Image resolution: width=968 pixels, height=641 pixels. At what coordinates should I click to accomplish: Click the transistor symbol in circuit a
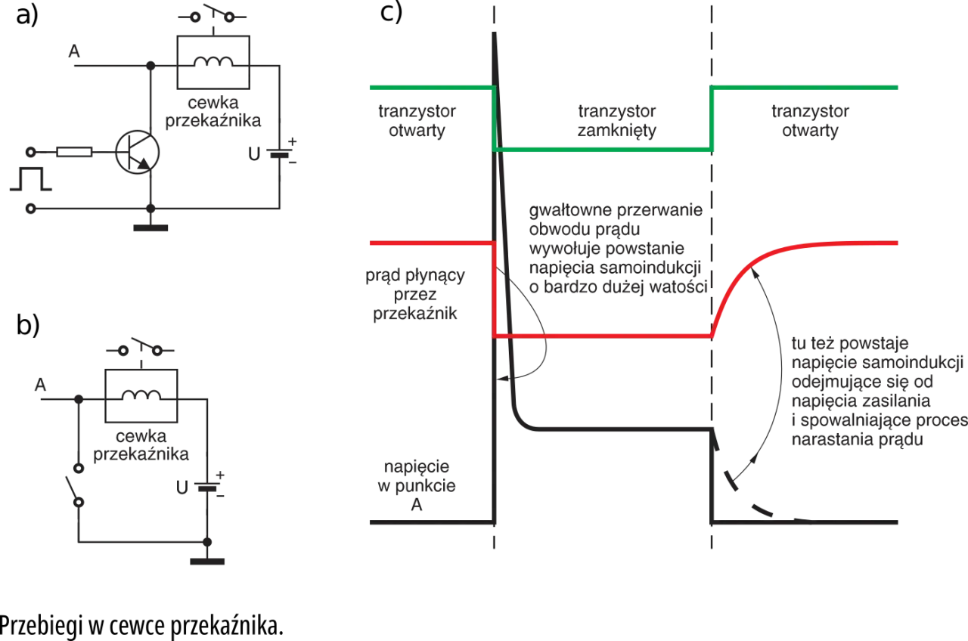[x=138, y=152]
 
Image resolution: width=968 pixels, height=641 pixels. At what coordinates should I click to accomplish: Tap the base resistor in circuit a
[x=74, y=152]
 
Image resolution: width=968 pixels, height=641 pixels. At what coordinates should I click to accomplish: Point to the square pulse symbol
[x=31, y=178]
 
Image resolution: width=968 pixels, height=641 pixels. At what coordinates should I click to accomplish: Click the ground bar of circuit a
[x=150, y=228]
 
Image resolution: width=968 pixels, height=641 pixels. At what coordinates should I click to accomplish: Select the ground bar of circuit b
[x=207, y=562]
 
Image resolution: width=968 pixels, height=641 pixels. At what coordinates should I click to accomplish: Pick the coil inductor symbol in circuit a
[x=213, y=62]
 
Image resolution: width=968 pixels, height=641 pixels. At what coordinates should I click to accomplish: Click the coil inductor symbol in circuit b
[x=141, y=395]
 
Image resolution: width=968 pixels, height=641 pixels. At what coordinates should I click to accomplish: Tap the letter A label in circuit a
[x=74, y=51]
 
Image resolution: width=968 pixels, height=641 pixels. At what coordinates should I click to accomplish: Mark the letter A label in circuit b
[x=40, y=385]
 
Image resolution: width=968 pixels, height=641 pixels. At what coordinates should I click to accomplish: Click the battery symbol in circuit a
[x=280, y=153]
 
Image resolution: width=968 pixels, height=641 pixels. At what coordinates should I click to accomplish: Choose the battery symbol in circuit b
[x=207, y=486]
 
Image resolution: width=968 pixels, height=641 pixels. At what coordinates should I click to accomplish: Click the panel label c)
[x=391, y=12]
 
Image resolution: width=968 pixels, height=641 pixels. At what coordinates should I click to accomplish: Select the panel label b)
[x=28, y=325]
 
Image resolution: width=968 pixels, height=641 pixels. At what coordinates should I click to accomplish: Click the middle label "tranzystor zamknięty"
[x=616, y=121]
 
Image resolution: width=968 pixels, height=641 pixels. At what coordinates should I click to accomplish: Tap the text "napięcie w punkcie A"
[x=417, y=485]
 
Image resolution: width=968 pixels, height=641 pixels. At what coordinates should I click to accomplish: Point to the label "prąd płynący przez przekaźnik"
[x=415, y=294]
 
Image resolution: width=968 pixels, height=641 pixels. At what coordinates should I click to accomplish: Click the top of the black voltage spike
[x=495, y=33]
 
